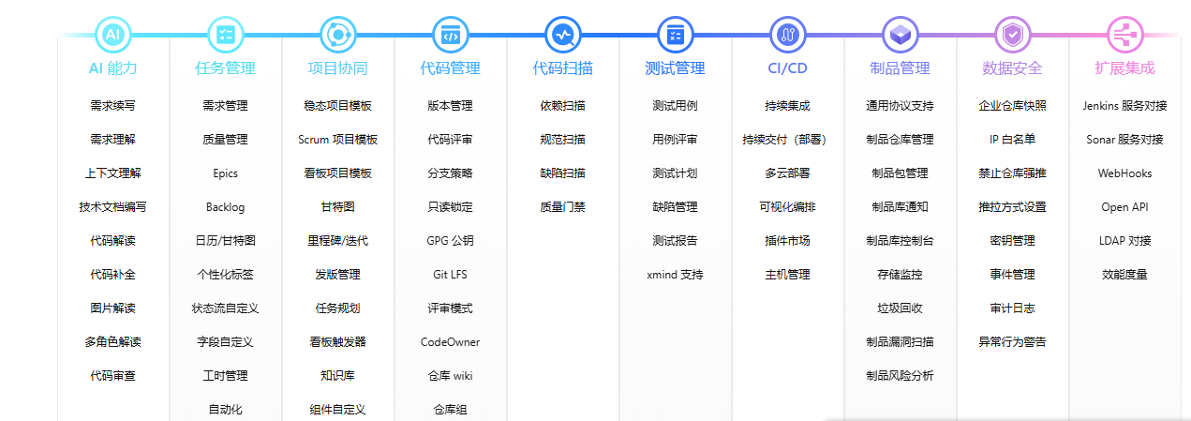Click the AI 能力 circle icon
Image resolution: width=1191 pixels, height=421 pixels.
[112, 35]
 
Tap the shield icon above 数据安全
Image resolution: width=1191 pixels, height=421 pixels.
[1012, 35]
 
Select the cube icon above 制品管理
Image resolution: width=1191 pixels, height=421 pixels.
[900, 35]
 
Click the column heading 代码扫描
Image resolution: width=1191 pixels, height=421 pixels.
[562, 68]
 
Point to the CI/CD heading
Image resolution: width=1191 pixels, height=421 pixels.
[787, 68]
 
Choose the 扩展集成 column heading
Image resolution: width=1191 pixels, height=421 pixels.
[1124, 68]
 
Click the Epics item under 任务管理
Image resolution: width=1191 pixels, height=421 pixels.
[226, 173]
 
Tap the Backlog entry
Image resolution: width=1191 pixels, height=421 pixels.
[226, 207]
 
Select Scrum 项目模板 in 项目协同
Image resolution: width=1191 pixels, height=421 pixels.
[337, 140]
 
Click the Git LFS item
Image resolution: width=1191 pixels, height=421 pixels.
[450, 275]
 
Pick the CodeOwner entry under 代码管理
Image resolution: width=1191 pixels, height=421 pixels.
[450, 342]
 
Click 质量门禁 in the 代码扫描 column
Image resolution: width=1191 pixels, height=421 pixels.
[562, 207]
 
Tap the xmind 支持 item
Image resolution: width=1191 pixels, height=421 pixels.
[675, 275]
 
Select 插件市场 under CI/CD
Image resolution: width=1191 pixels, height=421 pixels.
[787, 241]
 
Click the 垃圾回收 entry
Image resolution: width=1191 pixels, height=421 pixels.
[900, 308]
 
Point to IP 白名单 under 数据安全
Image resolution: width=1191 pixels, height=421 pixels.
[1012, 140]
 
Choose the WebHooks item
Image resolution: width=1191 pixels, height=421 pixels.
[1124, 173]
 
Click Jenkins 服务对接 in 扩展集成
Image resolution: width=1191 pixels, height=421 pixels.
[1124, 106]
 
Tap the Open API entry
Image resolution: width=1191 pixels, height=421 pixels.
[1124, 207]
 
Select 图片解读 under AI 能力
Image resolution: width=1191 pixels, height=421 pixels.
[112, 308]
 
